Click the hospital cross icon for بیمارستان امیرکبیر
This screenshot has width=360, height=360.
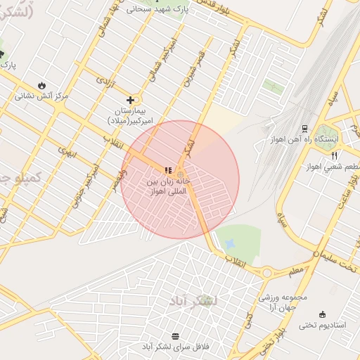click(130, 100)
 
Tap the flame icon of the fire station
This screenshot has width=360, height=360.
click(41, 85)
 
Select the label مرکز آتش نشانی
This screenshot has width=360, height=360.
click(43, 96)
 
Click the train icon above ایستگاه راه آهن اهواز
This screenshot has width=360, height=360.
click(304, 129)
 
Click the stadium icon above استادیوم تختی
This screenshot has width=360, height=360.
click(323, 314)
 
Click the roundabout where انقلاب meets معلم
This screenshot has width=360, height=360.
click(267, 272)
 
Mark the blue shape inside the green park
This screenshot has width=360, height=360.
click(230, 243)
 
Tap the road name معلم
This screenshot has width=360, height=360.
click(296, 268)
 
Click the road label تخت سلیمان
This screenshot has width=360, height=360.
click(335, 258)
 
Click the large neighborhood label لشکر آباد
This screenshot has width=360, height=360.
click(193, 301)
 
